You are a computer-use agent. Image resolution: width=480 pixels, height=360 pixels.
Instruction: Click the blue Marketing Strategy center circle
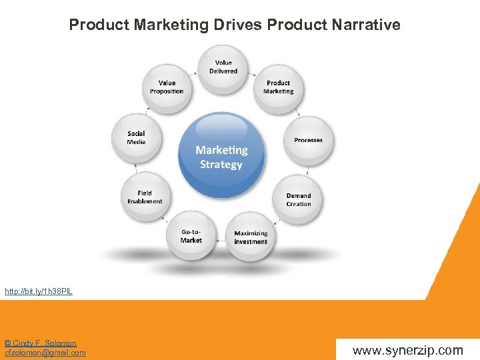[x=221, y=156]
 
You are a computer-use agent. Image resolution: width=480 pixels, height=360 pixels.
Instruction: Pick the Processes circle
[x=308, y=139]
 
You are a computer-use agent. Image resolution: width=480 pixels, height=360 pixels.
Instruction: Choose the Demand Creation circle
[x=298, y=199]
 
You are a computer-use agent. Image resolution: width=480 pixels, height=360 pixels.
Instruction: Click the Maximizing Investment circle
[x=251, y=237]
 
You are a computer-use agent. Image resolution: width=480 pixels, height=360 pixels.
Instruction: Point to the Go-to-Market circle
[x=191, y=235]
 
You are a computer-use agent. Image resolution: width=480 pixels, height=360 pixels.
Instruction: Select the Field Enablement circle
[x=145, y=197]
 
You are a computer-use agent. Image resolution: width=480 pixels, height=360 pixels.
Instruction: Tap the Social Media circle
[x=136, y=138]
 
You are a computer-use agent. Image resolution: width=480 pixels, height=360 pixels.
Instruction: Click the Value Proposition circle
[x=167, y=87]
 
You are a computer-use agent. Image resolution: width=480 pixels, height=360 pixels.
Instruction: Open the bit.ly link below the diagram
[x=39, y=291]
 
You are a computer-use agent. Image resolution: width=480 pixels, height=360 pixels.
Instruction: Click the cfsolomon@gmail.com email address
[x=45, y=353]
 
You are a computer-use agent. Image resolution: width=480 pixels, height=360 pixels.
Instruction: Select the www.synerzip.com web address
[x=407, y=350]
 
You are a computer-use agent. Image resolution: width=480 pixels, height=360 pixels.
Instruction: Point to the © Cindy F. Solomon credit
[x=41, y=343]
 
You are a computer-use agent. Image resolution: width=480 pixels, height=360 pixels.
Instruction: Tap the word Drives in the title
[x=238, y=25]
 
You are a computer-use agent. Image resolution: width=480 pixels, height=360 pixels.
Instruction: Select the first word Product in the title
[x=99, y=25]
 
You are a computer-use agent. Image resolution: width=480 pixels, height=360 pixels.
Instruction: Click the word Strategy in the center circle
[x=221, y=164]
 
